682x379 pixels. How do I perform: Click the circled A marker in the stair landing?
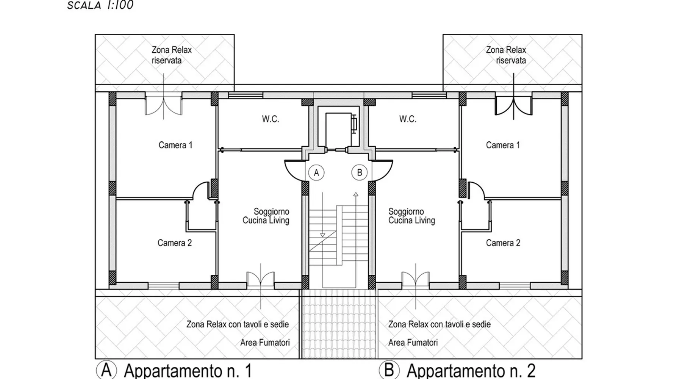pos(316,173)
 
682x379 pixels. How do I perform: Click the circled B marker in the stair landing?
pos(360,173)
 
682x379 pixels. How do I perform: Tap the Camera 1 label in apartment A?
pos(175,145)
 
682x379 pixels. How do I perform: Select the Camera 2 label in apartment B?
pos(503,243)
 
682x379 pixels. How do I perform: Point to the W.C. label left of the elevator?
pos(271,119)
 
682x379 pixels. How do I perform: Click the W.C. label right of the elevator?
pos(408,119)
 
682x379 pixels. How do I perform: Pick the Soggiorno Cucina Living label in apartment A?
pos(266,216)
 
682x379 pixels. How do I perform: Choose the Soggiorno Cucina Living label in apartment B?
pos(412,216)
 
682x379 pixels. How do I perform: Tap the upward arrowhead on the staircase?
pos(356,194)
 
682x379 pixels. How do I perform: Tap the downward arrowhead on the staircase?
pos(322,235)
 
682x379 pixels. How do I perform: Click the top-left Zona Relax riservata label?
pos(172,55)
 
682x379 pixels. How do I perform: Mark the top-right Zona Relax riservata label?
pos(506,55)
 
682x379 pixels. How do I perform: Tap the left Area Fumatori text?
pos(265,343)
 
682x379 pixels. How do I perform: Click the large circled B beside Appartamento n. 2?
pos(389,370)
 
